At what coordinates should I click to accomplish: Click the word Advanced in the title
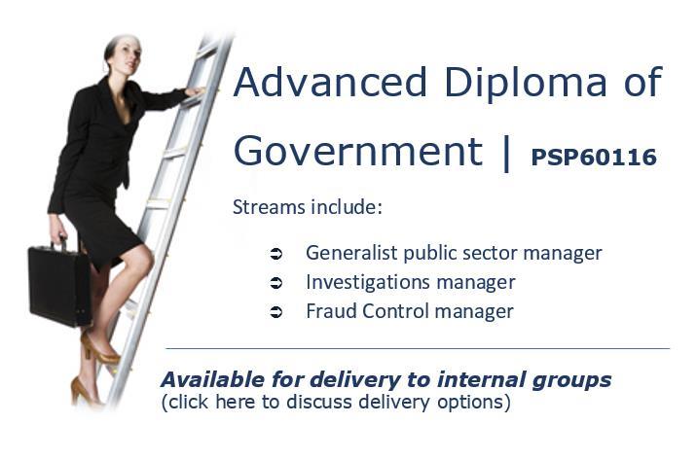pos(330,82)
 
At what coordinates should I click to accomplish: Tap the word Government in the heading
pos(358,151)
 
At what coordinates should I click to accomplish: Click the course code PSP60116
pos(594,157)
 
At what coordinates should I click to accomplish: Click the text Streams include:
pos(308,207)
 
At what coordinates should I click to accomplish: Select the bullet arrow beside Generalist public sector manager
pos(276,254)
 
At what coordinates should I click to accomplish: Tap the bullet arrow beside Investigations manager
pos(276,283)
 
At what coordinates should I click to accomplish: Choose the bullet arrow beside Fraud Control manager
pos(276,312)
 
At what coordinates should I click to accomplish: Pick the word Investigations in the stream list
pos(368,282)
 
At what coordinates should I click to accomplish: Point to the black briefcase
pos(60,285)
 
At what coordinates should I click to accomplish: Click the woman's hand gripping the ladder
pos(196,91)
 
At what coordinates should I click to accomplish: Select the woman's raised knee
pos(141,259)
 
